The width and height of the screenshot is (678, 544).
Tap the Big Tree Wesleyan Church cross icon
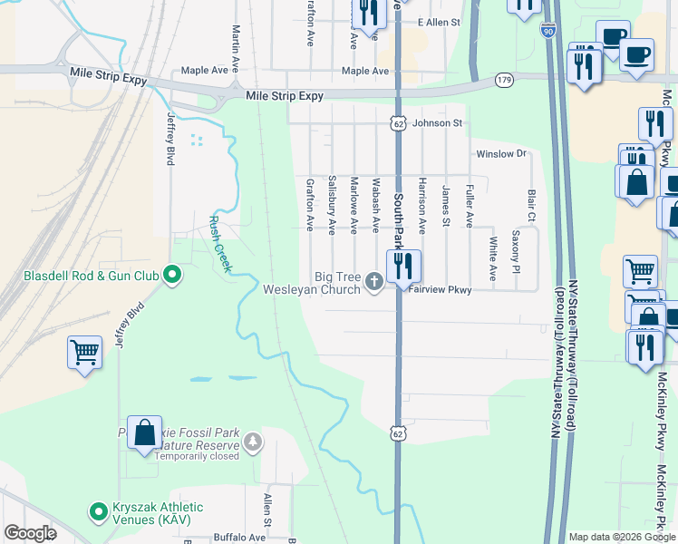click(373, 284)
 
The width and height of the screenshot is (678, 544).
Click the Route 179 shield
click(504, 81)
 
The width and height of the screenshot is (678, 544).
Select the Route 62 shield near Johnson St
click(398, 122)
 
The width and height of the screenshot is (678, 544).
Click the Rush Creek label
click(220, 244)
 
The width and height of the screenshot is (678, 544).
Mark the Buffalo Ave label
click(238, 537)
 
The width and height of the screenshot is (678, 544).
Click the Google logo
click(30, 534)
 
